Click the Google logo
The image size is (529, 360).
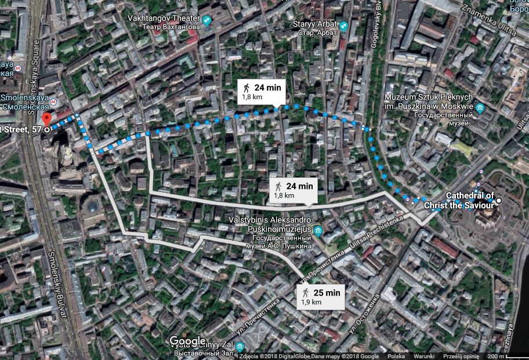click(x=187, y=340)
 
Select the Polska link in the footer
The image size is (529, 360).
click(x=396, y=356)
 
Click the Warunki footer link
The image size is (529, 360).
click(x=424, y=356)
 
